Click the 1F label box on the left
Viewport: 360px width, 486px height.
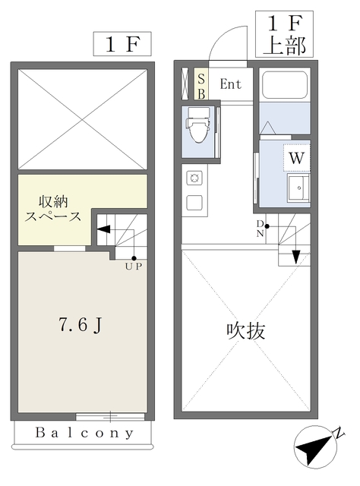click(x=121, y=44)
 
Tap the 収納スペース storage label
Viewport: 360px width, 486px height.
click(x=54, y=209)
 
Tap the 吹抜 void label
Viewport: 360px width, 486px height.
click(x=247, y=331)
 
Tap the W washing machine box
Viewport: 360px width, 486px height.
click(x=297, y=159)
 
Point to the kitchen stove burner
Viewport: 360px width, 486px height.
click(x=194, y=178)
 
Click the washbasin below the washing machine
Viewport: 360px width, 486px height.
click(x=297, y=187)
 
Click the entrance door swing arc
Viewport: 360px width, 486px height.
click(x=230, y=44)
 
